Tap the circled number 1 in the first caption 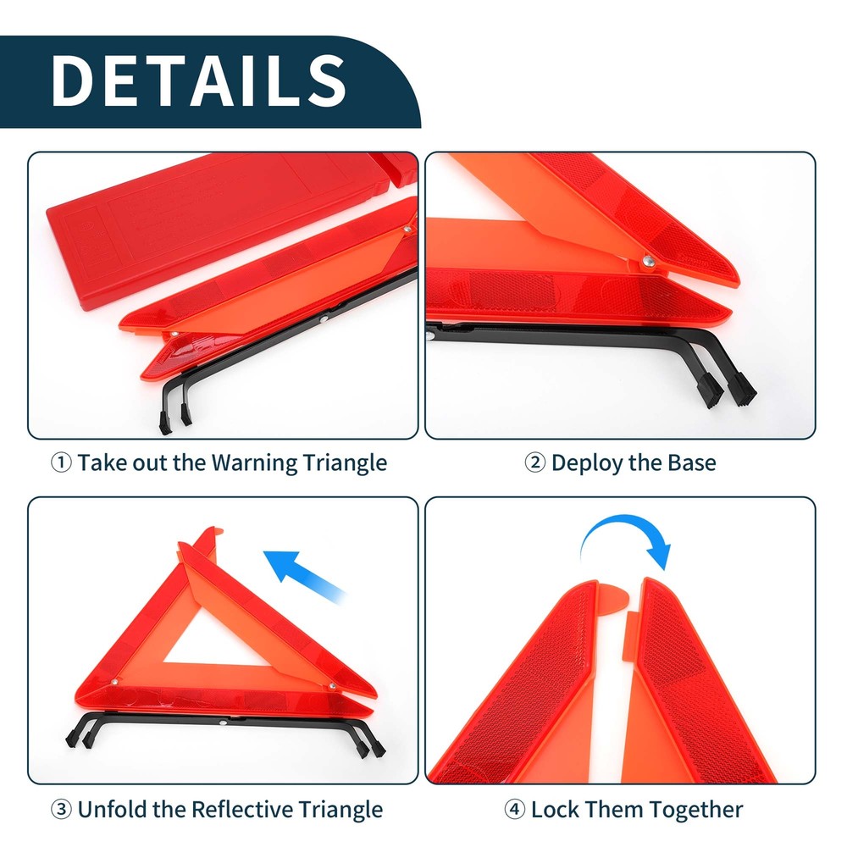(61, 463)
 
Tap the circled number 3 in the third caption (61, 809)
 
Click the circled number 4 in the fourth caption (514, 809)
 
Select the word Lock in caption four (555, 809)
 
